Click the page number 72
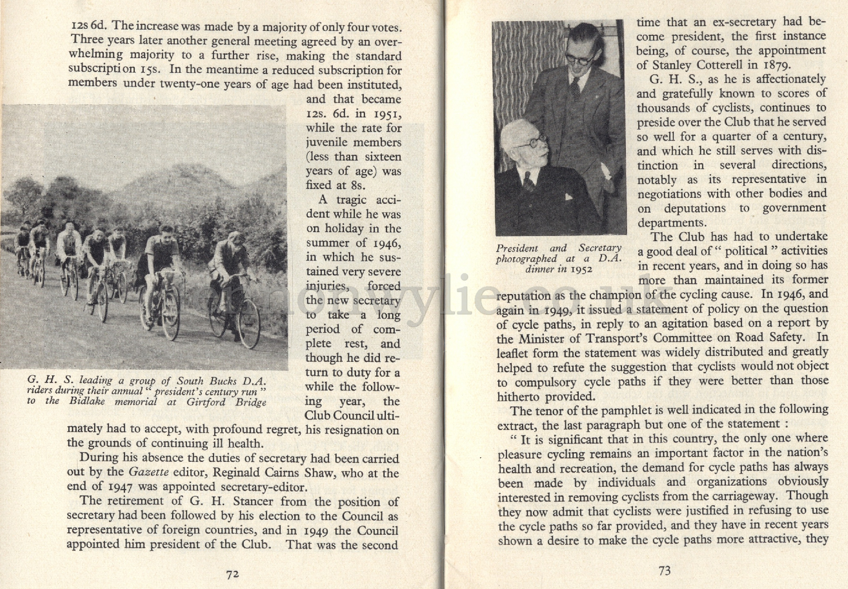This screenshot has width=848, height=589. pyautogui.click(x=232, y=574)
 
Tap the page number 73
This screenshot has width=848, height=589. pyautogui.click(x=664, y=571)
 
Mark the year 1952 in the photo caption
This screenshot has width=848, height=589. pyautogui.click(x=581, y=269)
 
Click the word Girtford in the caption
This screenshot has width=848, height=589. pyautogui.click(x=203, y=402)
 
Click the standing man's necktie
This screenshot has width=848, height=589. pyautogui.click(x=575, y=89)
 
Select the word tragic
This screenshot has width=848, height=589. pyautogui.click(x=351, y=200)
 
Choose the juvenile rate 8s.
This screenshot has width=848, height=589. pyautogui.click(x=357, y=186)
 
